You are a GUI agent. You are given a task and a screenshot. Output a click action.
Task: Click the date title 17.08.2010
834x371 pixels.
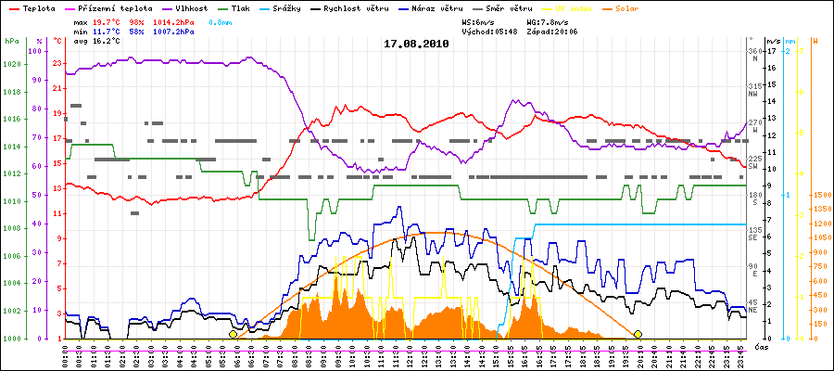pyautogui.click(x=416, y=44)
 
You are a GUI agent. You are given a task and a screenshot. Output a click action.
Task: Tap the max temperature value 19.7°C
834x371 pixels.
pyautogui.click(x=106, y=21)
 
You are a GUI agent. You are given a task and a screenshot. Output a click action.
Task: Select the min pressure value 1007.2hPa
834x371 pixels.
pyautogui.click(x=175, y=32)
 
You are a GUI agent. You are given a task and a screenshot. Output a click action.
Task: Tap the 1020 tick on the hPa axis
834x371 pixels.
pyautogui.click(x=10, y=64)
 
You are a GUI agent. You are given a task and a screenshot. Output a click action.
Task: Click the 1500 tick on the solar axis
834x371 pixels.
pyautogui.click(x=821, y=195)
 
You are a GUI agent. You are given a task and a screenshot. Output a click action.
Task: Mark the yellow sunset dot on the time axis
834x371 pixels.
pyautogui.click(x=638, y=334)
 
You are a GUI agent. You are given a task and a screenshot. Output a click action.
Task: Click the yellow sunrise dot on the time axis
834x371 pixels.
pyautogui.click(x=233, y=334)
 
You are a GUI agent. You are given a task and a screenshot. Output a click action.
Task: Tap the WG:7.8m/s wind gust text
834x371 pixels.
pyautogui.click(x=547, y=21)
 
